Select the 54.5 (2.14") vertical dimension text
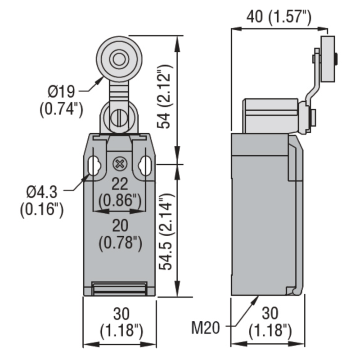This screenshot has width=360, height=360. point(166,231)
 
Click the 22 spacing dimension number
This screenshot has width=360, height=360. point(120,183)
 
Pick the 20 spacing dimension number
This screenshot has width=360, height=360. point(120,225)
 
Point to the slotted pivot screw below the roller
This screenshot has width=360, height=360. point(119,118)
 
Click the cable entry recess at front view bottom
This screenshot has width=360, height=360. point(119,288)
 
